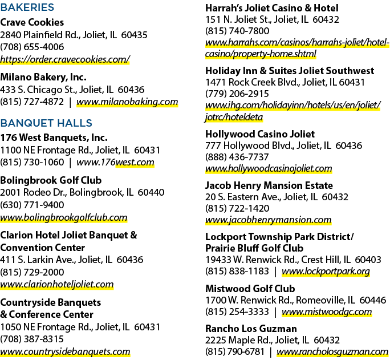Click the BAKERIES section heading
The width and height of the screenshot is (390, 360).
pyautogui.click(x=27, y=7)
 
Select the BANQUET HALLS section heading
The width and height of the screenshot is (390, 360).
pyautogui.click(x=46, y=123)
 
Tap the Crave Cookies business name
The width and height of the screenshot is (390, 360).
pyautogui.click(x=32, y=22)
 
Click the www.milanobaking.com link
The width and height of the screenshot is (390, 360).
pyautogui.click(x=127, y=102)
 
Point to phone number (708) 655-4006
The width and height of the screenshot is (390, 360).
pyautogui.click(x=32, y=47)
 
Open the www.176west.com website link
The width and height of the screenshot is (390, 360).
pyautogui.click(x=115, y=162)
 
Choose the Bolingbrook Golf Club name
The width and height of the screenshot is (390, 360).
pyautogui.click(x=51, y=180)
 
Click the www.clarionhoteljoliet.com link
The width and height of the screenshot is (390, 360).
pyautogui.click(x=57, y=284)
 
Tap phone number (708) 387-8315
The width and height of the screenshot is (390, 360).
pyautogui.click(x=32, y=339)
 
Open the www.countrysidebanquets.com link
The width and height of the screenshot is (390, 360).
pyautogui.click(x=65, y=351)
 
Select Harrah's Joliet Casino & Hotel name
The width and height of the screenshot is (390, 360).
pyautogui.click(x=272, y=8)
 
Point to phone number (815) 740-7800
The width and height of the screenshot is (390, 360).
pyautogui.click(x=237, y=31)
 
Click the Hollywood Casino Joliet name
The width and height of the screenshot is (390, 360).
pyautogui.click(x=260, y=134)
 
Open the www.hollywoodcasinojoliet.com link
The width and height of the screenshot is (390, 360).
pyautogui.click(x=269, y=168)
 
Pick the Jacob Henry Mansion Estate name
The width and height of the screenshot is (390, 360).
pyautogui.click(x=269, y=185)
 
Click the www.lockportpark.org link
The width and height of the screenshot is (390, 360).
pyautogui.click(x=326, y=271)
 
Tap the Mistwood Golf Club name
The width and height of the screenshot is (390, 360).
pyautogui.click(x=250, y=289)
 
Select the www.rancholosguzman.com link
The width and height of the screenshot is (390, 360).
pyautogui.click(x=332, y=351)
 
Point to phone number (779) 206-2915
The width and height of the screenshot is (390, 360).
pyautogui.click(x=237, y=94)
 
